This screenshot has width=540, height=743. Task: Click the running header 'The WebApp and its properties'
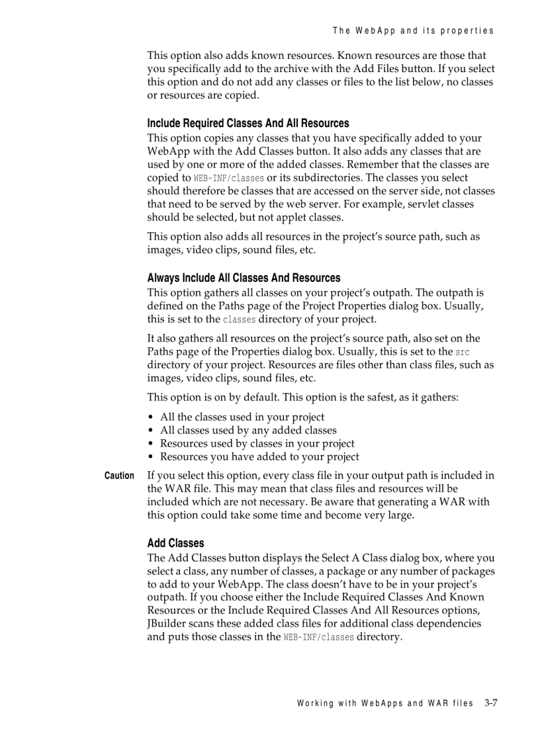tap(413, 30)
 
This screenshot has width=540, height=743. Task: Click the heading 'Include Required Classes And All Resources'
tap(247, 123)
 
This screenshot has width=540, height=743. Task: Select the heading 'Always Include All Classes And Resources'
tap(244, 278)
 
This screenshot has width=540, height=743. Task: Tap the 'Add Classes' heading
tap(175, 543)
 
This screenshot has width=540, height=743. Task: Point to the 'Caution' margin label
tap(119, 476)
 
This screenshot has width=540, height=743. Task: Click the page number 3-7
tap(490, 703)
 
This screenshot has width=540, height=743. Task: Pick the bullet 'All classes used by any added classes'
tap(248, 431)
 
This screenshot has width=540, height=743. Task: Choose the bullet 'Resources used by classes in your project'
tap(257, 444)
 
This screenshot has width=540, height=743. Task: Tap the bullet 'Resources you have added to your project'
tap(259, 457)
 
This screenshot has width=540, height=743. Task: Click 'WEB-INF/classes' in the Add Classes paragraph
tap(318, 637)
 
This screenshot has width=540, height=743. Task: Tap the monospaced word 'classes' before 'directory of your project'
tap(239, 320)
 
